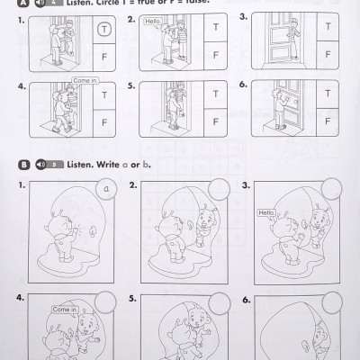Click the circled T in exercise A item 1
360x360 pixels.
[104, 31]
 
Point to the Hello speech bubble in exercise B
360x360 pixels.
[265, 214]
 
